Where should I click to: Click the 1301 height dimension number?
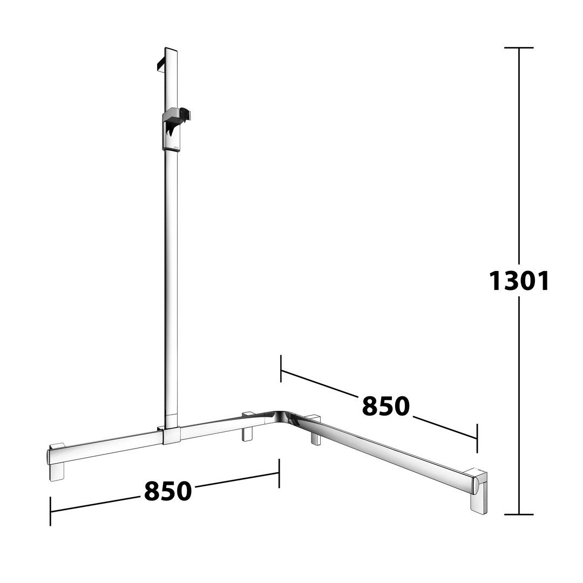pos(519,281)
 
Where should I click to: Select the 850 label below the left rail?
pos(168,491)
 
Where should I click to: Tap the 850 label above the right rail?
pos(385,405)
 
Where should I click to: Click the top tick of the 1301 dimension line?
pos(519,48)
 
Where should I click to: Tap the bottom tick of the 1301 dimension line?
pos(519,514)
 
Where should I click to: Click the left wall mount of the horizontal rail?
pos(57,462)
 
